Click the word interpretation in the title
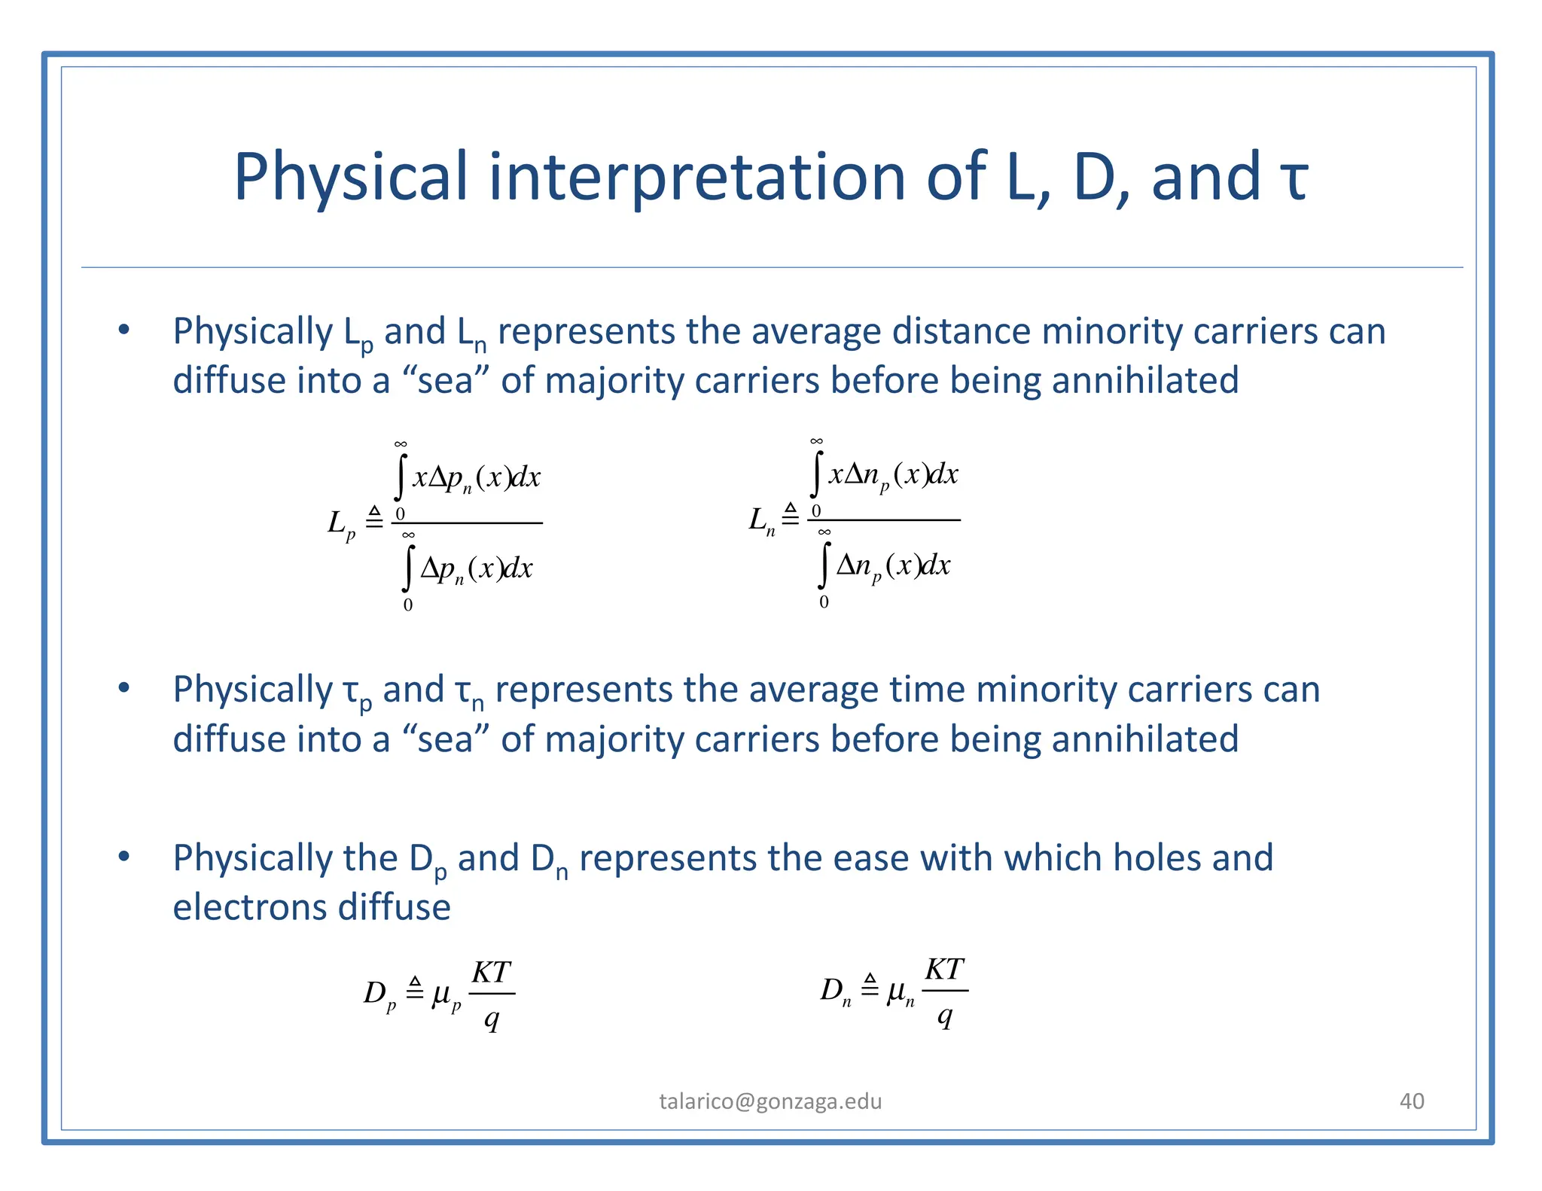696,177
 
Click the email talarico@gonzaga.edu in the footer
770,1101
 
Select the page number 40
1411,1101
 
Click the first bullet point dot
124,330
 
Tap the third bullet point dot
124,856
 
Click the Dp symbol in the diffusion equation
379,995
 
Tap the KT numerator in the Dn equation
944,970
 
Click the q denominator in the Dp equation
492,1019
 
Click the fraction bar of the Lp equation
467,522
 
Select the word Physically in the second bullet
252,690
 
